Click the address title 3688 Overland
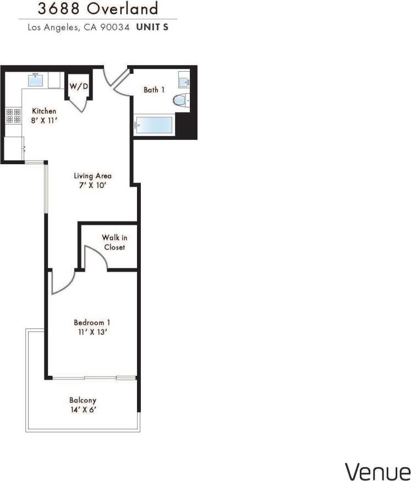(x=97, y=9)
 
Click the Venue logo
(x=377, y=471)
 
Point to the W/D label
(x=78, y=87)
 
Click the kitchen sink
(x=37, y=80)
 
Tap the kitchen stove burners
(x=13, y=116)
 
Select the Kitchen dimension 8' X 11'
(x=43, y=120)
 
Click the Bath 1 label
(x=154, y=90)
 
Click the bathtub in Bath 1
(x=155, y=125)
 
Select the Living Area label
(x=93, y=176)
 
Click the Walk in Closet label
(x=114, y=242)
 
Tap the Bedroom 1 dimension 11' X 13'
(x=90, y=332)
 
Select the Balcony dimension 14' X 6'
(x=83, y=410)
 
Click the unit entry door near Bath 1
(x=115, y=79)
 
